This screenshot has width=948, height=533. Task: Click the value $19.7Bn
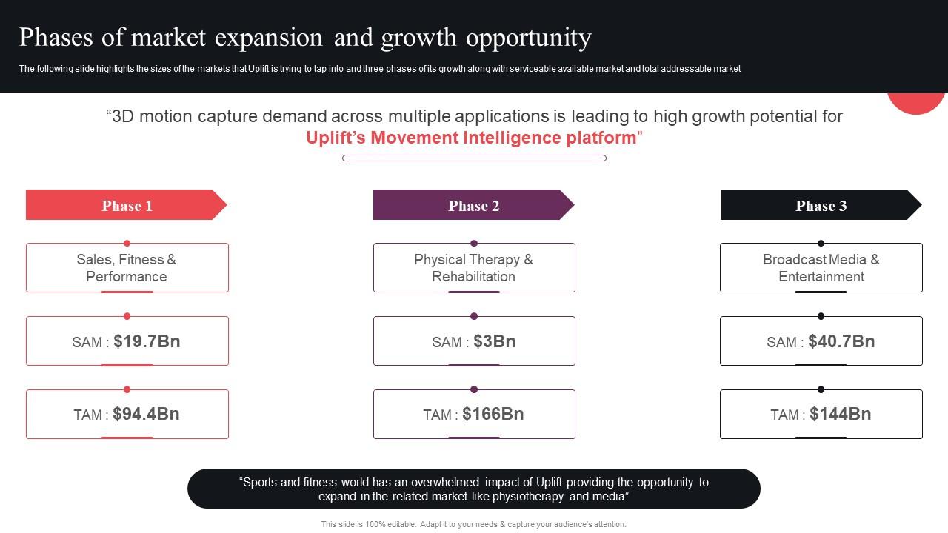click(x=147, y=341)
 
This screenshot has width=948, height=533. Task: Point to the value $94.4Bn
click(x=146, y=414)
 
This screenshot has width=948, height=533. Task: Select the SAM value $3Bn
click(x=494, y=341)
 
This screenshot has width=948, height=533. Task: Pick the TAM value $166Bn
click(x=493, y=414)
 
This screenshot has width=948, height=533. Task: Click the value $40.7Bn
click(x=841, y=341)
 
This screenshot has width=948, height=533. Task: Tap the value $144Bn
click(x=840, y=414)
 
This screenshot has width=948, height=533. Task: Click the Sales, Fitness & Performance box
click(x=127, y=268)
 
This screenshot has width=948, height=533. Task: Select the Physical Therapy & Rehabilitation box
click(x=473, y=268)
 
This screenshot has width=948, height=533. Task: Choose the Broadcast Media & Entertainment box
click(x=821, y=268)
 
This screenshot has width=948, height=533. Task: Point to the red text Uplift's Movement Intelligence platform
click(x=472, y=138)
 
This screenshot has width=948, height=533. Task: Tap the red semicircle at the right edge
click(x=918, y=102)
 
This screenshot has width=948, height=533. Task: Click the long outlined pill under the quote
click(x=474, y=158)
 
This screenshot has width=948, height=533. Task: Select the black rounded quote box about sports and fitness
click(x=474, y=489)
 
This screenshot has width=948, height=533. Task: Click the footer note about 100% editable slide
click(x=474, y=524)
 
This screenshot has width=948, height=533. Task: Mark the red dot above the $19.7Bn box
click(x=127, y=316)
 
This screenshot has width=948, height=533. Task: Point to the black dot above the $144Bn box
click(x=821, y=389)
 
